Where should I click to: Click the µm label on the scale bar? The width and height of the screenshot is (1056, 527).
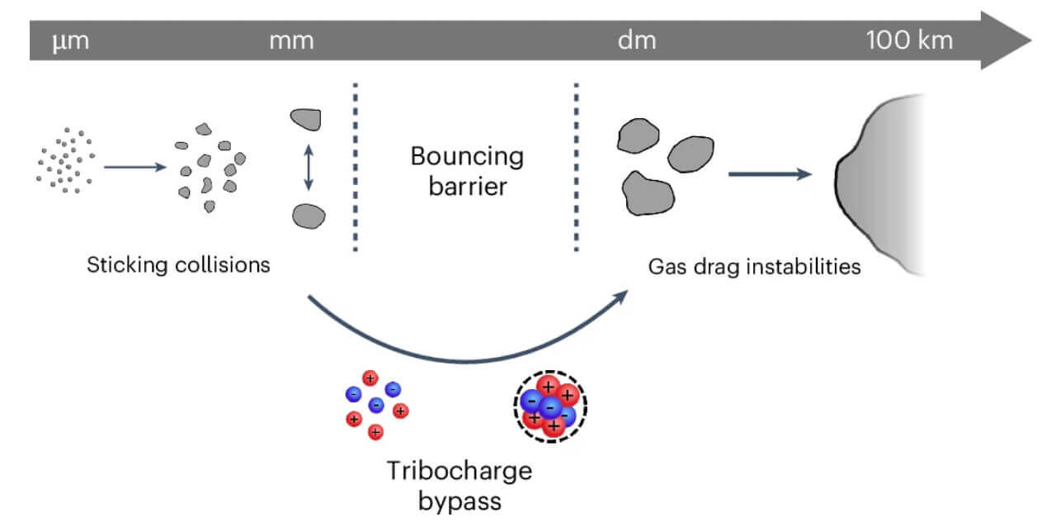70,40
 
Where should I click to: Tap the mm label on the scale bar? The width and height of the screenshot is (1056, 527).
291,40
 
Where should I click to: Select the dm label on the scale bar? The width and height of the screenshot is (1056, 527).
637,40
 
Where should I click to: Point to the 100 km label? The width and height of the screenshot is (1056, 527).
909,40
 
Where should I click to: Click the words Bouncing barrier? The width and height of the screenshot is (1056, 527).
467,170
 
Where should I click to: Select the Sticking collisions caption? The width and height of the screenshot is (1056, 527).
179,265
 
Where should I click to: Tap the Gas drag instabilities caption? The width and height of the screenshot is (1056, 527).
754,266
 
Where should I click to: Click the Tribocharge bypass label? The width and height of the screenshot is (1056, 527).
460,484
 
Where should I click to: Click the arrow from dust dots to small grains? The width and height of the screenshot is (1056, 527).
134,167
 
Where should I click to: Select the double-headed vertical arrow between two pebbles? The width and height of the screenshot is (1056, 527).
307,169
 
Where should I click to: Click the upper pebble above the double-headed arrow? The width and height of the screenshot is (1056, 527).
305,120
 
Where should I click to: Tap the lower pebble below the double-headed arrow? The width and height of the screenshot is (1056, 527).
309,216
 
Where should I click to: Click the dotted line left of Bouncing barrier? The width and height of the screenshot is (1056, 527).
356,165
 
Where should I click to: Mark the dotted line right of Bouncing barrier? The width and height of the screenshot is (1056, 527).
576,165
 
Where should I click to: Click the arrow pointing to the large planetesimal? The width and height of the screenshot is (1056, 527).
767,174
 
